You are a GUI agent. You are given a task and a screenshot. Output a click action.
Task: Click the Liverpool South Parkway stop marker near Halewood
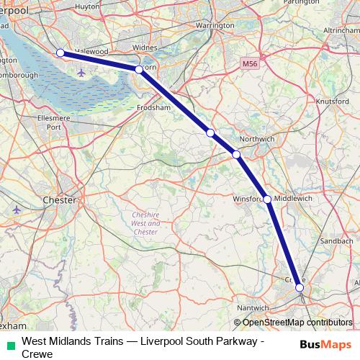(x=60, y=53)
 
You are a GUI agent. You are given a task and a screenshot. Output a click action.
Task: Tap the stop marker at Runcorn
(x=139, y=70)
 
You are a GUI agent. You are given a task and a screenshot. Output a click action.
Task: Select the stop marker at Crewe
(x=300, y=288)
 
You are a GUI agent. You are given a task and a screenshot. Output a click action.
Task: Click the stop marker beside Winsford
(x=267, y=199)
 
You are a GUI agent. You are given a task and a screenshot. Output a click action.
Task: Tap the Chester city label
(x=60, y=199)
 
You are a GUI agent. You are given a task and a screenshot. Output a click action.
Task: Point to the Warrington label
(x=194, y=25)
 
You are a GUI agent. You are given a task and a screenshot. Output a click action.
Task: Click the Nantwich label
(x=252, y=307)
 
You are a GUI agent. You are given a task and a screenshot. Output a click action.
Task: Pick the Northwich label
(x=256, y=138)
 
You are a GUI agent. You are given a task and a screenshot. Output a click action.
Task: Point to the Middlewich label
(x=293, y=198)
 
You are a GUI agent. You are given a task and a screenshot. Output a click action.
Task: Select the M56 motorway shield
(x=250, y=64)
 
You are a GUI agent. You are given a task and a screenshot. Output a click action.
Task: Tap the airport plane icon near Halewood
(x=79, y=73)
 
